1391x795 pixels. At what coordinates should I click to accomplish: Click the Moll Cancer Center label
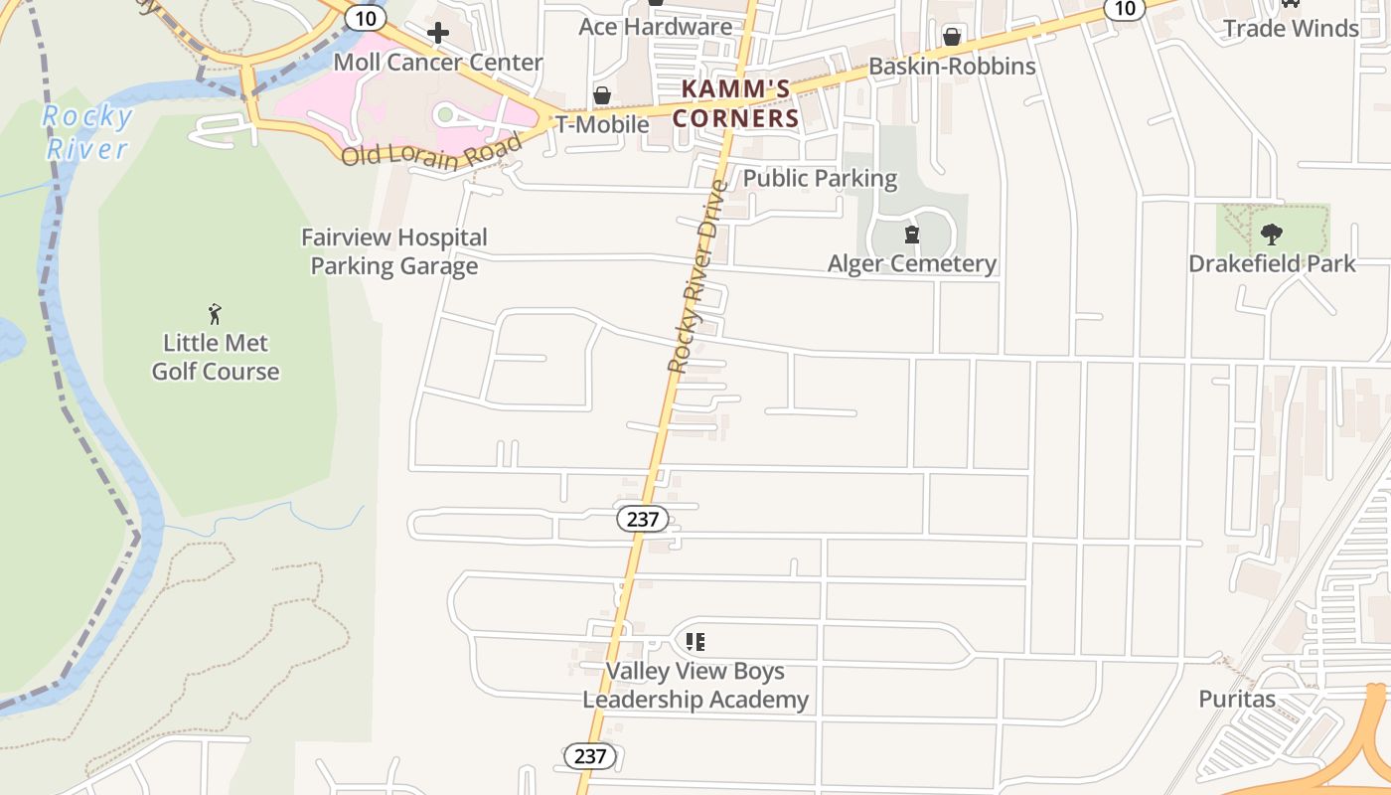437,63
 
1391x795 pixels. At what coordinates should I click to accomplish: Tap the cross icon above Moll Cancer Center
437,34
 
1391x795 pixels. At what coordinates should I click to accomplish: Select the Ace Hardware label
656,27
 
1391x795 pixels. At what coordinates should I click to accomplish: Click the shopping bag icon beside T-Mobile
601,96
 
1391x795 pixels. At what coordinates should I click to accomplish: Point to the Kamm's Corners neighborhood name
736,103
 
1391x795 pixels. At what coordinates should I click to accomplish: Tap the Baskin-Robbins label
952,67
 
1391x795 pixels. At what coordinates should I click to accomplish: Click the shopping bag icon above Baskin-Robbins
952,38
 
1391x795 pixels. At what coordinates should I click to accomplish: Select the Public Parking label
820,179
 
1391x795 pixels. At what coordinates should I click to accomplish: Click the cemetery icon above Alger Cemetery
911,236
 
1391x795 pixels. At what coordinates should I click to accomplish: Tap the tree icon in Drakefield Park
1272,235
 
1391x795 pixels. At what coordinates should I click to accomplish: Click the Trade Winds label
1291,28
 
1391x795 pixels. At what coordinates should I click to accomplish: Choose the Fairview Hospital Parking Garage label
394,251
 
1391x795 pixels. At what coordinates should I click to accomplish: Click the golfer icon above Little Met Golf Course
215,315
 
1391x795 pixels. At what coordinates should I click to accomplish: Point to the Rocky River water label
87,133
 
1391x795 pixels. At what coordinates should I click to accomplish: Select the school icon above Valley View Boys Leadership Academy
695,642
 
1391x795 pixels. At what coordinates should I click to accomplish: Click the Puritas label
1237,699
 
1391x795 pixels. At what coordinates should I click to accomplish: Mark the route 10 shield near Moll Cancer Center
366,17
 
